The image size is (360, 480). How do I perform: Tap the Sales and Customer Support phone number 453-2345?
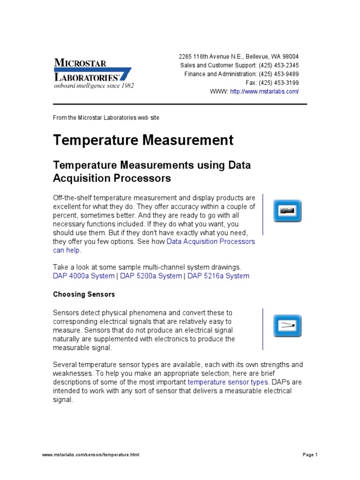[287, 65]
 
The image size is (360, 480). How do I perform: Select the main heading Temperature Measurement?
[143, 140]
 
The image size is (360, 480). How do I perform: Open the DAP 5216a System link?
[218, 276]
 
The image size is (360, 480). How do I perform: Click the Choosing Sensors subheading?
[84, 294]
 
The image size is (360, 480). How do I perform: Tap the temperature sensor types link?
[228, 382]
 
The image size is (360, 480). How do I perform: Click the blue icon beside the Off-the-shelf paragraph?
[287, 211]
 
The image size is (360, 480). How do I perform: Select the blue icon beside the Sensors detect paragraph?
[287, 326]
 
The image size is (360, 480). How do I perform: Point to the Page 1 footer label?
[310, 455]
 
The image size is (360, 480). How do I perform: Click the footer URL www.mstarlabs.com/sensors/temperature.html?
[90, 455]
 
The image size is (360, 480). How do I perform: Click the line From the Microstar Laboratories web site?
[106, 118]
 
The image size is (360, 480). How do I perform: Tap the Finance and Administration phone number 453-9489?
[287, 74]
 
